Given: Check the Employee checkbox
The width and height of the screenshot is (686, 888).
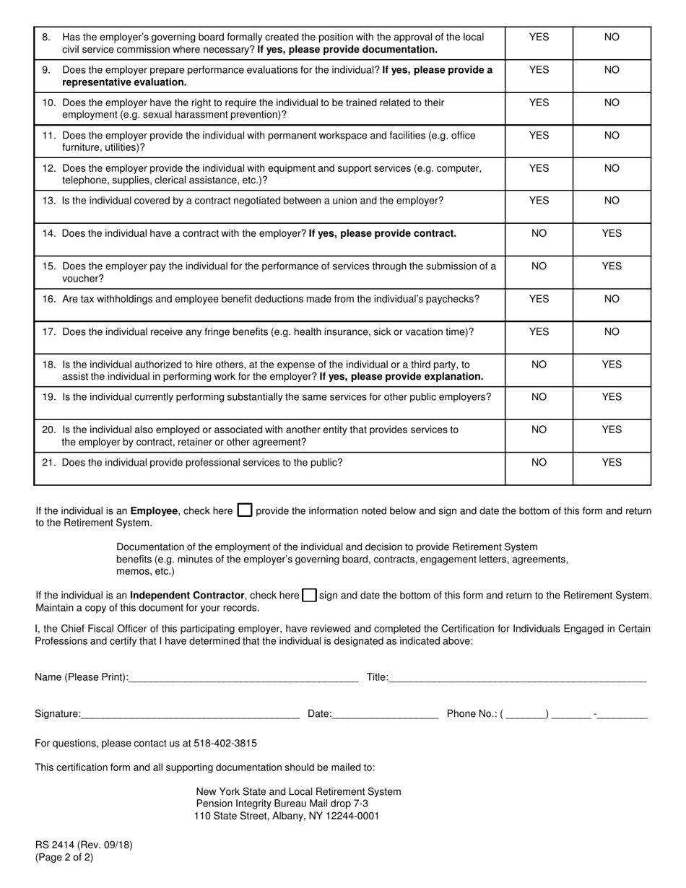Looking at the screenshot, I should pyautogui.click(x=245, y=510).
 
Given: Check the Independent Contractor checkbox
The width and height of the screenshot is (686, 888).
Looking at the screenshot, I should pyautogui.click(x=309, y=596).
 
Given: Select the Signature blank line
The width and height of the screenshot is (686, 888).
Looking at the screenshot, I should pyautogui.click(x=190, y=713).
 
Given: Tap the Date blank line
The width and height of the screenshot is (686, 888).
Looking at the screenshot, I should pyautogui.click(x=385, y=713).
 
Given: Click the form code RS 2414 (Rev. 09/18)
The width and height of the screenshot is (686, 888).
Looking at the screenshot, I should pyautogui.click(x=84, y=845).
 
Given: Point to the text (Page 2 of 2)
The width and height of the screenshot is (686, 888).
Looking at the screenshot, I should pyautogui.click(x=64, y=858).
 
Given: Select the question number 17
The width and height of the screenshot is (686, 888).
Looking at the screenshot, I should pyautogui.click(x=49, y=332).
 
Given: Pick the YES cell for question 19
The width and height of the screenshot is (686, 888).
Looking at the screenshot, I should pyautogui.click(x=612, y=397).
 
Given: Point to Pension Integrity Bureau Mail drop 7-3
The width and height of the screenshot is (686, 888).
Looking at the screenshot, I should pyautogui.click(x=282, y=804).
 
